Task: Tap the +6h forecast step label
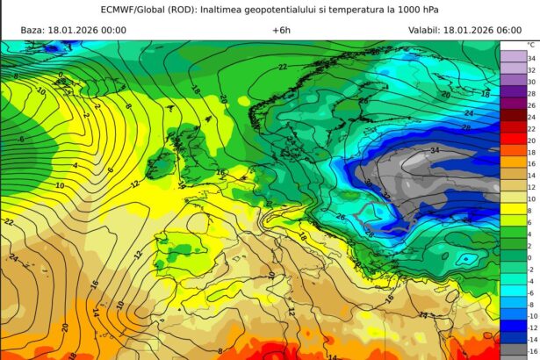tap(281, 30)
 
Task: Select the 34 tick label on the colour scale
tap(530, 57)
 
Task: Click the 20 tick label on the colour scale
tap(530, 140)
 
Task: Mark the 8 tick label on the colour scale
tap(530, 210)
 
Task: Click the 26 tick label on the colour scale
tap(530, 104)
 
